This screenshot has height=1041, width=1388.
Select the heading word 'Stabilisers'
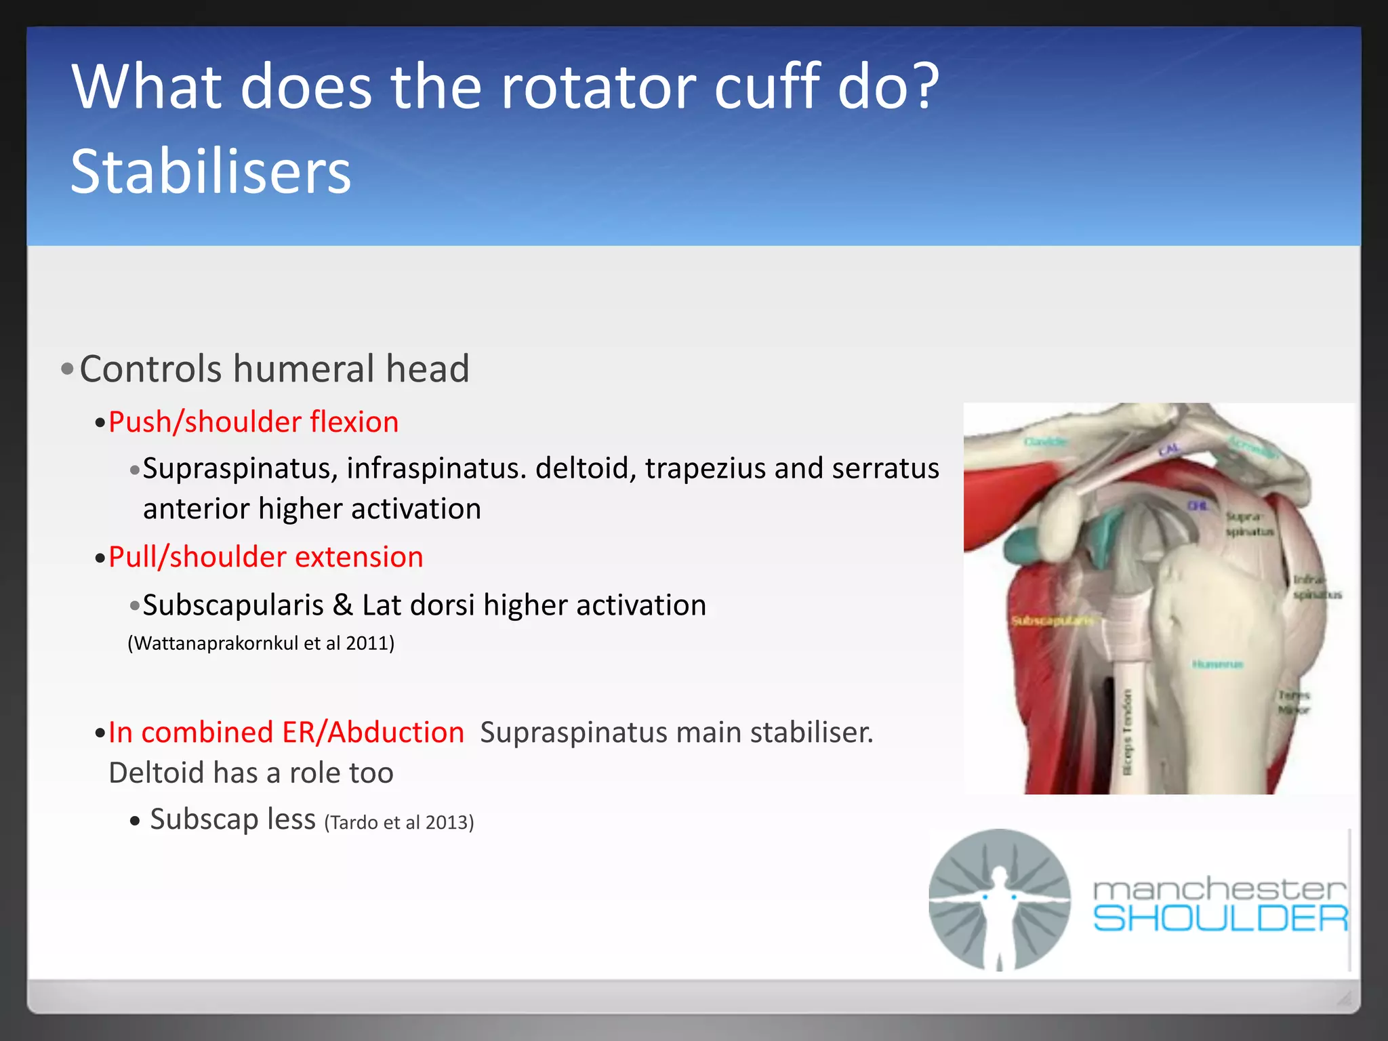[211, 172]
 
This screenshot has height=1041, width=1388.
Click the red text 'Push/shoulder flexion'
[253, 422]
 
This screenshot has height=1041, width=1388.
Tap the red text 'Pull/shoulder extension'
[266, 557]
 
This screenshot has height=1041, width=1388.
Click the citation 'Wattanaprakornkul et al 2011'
[261, 643]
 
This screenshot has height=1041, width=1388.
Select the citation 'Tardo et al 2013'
[399, 823]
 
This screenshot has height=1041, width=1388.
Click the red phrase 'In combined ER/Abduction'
[286, 733]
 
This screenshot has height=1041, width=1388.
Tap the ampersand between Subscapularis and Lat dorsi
[343, 605]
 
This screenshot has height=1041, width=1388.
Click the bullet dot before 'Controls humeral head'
[67, 370]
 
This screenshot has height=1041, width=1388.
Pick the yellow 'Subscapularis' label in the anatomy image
[1051, 621]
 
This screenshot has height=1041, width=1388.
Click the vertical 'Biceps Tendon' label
[1128, 732]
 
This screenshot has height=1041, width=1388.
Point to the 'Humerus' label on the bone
[1217, 664]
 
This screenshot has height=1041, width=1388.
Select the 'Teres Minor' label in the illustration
[1294, 703]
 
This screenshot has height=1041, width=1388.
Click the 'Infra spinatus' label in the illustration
[1315, 587]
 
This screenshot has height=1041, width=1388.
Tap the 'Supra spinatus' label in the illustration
[1248, 524]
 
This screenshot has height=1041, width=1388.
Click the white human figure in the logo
[999, 901]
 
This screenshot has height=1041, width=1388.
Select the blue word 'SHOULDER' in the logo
[1220, 919]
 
